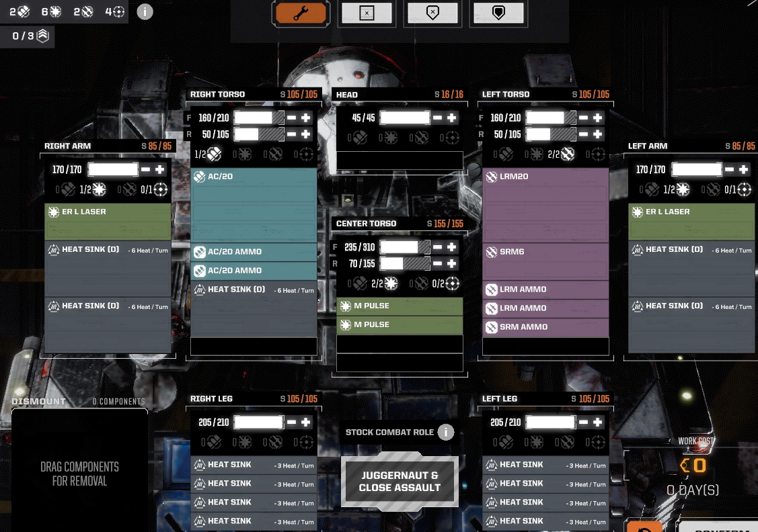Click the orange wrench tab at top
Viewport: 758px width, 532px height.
(x=301, y=13)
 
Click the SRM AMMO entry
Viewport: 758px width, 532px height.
(x=545, y=327)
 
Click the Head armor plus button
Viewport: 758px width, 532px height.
(x=452, y=118)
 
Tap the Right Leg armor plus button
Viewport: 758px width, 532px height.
(x=306, y=423)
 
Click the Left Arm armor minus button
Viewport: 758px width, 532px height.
(x=729, y=170)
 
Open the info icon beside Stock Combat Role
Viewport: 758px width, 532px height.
(x=445, y=432)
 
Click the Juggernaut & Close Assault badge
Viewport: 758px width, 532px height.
(x=400, y=481)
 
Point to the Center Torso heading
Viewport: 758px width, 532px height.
(x=367, y=224)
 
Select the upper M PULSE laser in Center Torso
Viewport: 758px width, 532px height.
(x=400, y=306)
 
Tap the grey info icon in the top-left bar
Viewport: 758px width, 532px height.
(x=145, y=11)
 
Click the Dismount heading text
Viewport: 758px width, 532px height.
(x=38, y=402)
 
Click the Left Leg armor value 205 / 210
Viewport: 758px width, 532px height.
(x=503, y=423)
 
